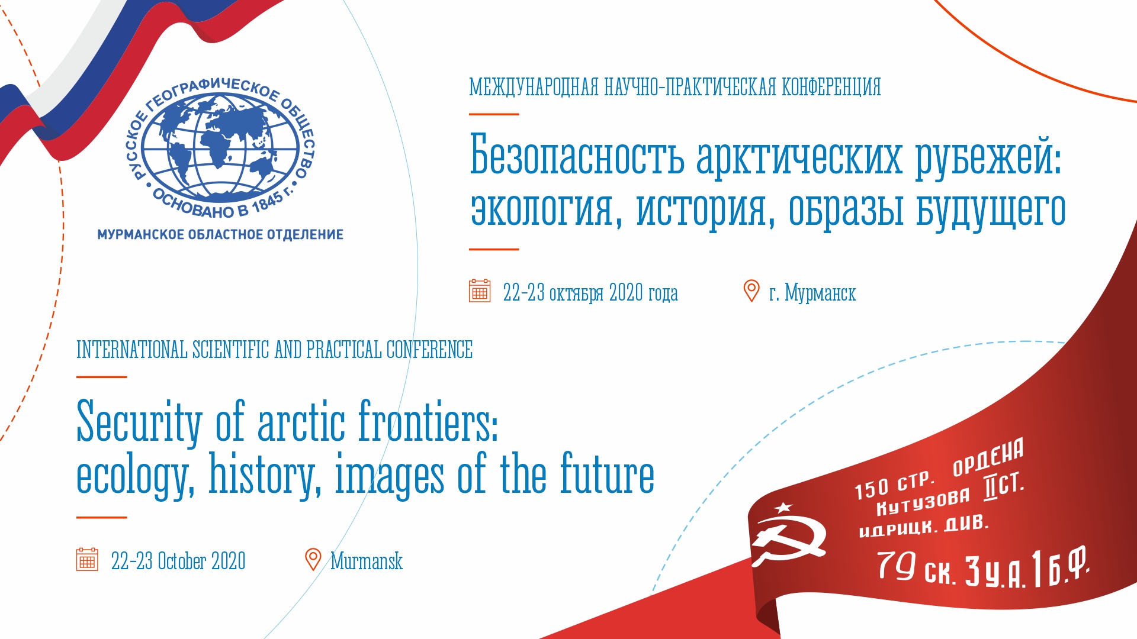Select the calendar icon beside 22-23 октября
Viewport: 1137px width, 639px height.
480,291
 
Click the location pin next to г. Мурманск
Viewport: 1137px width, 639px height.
751,291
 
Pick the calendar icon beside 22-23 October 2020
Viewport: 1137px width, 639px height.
87,559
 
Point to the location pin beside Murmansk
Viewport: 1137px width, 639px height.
313,559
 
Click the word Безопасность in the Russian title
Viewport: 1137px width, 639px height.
577,156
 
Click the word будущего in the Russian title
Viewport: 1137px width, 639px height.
990,209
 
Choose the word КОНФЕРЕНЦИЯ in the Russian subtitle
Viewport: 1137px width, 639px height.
831,87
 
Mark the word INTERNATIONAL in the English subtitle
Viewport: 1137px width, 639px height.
131,350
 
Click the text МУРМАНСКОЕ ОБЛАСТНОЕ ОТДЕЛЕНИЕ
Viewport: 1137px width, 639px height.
220,235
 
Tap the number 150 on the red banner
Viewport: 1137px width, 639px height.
872,489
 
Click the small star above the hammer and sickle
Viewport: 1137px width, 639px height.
783,507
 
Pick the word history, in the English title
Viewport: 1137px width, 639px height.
265,475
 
